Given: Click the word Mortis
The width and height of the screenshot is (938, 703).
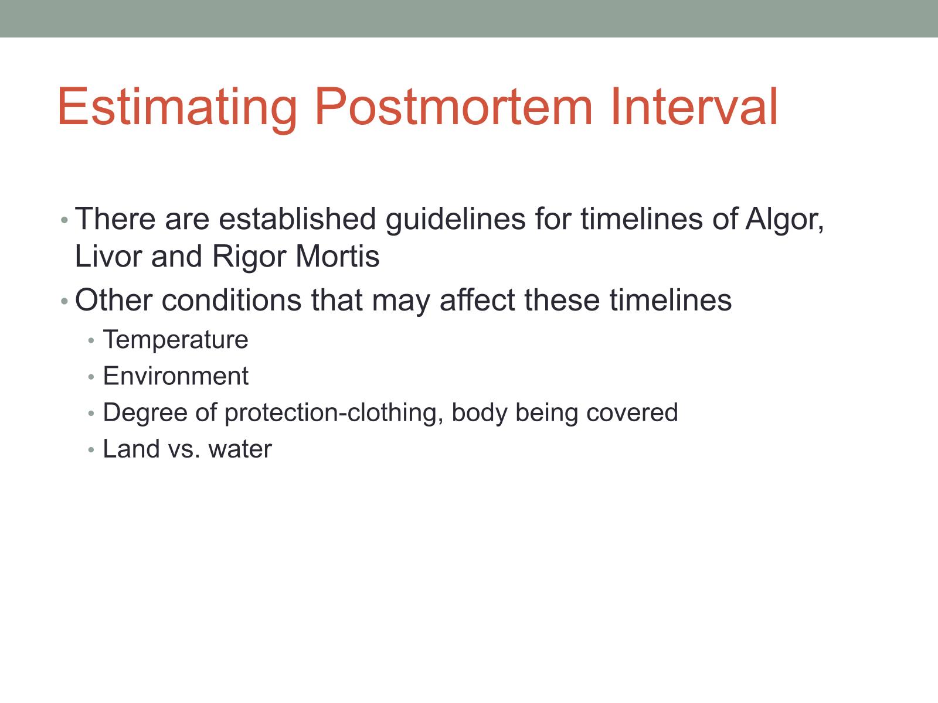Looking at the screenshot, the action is coord(338,256).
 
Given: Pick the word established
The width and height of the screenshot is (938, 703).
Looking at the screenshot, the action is coord(297,219).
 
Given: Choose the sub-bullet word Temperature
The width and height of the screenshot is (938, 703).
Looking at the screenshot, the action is coord(176,340).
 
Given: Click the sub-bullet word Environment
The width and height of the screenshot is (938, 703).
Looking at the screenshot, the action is coord(176,376).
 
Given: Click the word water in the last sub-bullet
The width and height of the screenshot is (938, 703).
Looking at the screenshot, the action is coord(240,450).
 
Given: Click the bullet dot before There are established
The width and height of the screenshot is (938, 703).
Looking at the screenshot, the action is coord(64,220).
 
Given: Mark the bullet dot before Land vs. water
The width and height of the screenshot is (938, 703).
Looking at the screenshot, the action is coord(91,450).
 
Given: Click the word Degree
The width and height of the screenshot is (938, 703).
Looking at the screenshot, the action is coord(145,414).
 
